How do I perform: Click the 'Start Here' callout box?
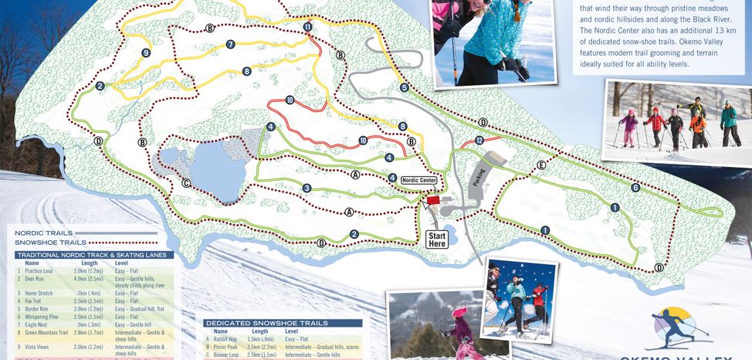pyautogui.click(x=436, y=239)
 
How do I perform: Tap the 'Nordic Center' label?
pyautogui.click(x=418, y=180)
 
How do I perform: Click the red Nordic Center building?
pyautogui.click(x=433, y=200)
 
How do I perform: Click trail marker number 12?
pyautogui.click(x=479, y=141)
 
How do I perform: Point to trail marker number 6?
pyautogui.click(x=635, y=188)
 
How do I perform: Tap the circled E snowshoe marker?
pyautogui.click(x=541, y=166)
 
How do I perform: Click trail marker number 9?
pyautogui.click(x=145, y=53)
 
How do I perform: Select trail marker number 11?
pyautogui.click(x=307, y=27)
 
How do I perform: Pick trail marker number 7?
pyautogui.click(x=230, y=44)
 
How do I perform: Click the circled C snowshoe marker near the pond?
pyautogui.click(x=186, y=183)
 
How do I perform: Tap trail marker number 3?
pyautogui.click(x=307, y=188)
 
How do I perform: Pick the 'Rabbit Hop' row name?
pyautogui.click(x=225, y=339)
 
